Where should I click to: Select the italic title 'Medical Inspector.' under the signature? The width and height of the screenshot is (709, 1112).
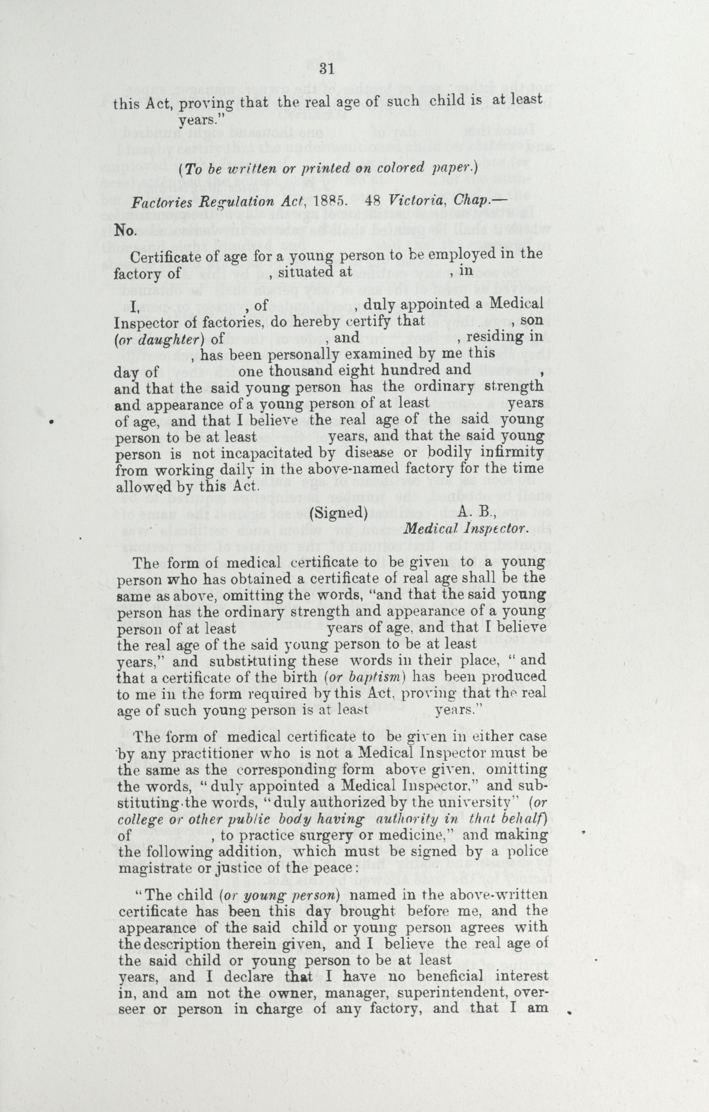point(465,529)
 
